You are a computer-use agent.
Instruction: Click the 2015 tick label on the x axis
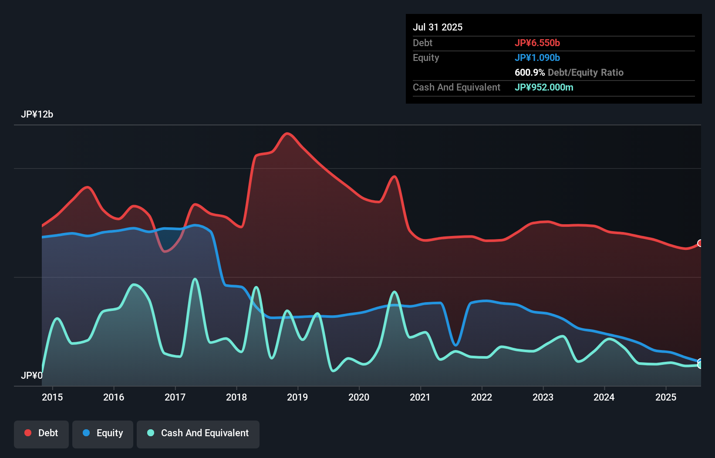pyautogui.click(x=52, y=397)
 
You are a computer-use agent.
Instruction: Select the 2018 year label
pyautogui.click(x=236, y=397)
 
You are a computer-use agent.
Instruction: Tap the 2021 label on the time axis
pyautogui.click(x=420, y=397)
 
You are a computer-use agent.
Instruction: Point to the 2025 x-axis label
pyautogui.click(x=666, y=397)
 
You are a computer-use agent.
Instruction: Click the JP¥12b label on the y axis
pyautogui.click(x=37, y=114)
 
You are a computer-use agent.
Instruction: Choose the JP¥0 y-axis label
pyautogui.click(x=31, y=375)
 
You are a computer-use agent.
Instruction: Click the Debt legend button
pyautogui.click(x=41, y=433)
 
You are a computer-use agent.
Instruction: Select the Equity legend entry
pyautogui.click(x=103, y=433)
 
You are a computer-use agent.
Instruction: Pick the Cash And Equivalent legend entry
pyautogui.click(x=198, y=433)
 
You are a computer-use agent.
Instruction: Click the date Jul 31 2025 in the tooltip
pyautogui.click(x=438, y=27)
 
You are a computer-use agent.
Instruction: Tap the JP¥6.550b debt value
pyautogui.click(x=537, y=43)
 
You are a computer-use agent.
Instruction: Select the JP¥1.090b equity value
pyautogui.click(x=537, y=57)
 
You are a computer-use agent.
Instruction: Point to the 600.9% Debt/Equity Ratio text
pyautogui.click(x=569, y=72)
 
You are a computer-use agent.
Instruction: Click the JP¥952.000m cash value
pyautogui.click(x=543, y=87)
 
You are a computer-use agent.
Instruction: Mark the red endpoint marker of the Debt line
pyautogui.click(x=700, y=243)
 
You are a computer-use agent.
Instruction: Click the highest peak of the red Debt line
pyautogui.click(x=287, y=133)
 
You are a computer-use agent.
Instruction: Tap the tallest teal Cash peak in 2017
pyautogui.click(x=195, y=279)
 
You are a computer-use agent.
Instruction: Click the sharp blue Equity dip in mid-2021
pyautogui.click(x=455, y=345)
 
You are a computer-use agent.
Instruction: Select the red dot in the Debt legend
pyautogui.click(x=28, y=433)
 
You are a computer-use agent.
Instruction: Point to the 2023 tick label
pyautogui.click(x=543, y=397)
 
